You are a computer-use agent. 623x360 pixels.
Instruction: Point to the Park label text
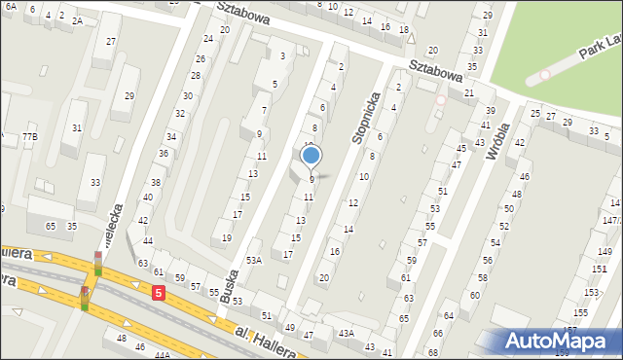click(x=588, y=50)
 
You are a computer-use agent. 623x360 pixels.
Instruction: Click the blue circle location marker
click(x=311, y=155)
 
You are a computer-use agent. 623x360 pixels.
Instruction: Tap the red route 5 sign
click(x=158, y=292)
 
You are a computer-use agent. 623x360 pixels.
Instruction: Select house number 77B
click(x=29, y=137)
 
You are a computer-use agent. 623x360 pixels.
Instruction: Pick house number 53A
click(x=254, y=260)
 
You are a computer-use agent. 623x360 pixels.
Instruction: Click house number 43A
click(x=346, y=333)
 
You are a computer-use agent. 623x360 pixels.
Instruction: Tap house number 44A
click(x=162, y=356)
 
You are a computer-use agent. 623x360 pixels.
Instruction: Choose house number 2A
click(x=77, y=19)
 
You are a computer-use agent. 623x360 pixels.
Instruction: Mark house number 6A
click(x=10, y=7)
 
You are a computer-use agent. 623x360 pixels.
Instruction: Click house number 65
click(x=50, y=226)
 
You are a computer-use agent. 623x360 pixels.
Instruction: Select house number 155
click(x=580, y=312)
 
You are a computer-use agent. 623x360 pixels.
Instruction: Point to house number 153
click(x=591, y=292)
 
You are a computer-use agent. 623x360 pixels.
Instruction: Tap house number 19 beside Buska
click(x=227, y=237)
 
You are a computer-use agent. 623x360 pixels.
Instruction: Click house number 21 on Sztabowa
click(x=468, y=92)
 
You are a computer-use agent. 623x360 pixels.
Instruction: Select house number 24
click(x=207, y=38)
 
